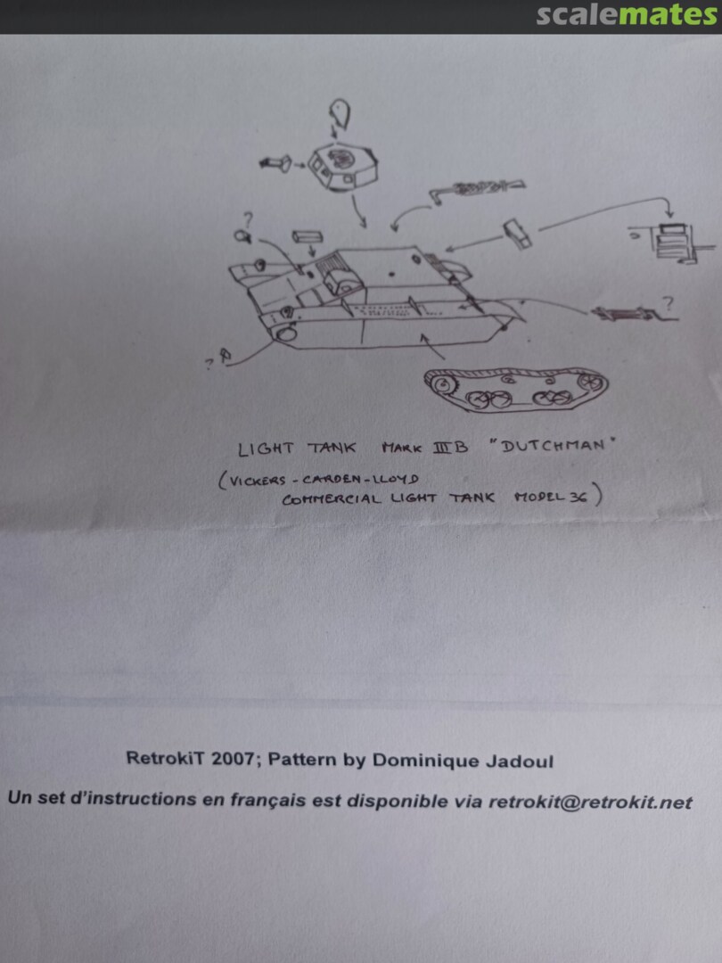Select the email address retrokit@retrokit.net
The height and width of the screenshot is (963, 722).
click(x=590, y=802)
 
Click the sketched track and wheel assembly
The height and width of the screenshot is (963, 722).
click(x=516, y=390)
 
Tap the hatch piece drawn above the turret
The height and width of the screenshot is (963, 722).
click(x=340, y=115)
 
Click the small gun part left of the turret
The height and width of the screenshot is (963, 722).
click(x=275, y=163)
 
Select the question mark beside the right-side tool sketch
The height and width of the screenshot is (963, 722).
click(x=668, y=303)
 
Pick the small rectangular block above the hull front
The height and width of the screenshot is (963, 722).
click(x=304, y=238)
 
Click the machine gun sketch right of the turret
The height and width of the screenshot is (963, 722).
click(x=477, y=188)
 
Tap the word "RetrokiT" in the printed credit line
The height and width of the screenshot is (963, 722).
click(x=166, y=758)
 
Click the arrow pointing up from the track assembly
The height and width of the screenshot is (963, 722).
click(x=432, y=347)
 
